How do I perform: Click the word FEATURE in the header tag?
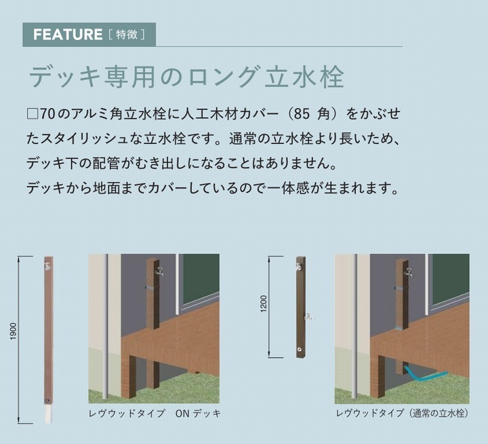pyautogui.click(x=68, y=35)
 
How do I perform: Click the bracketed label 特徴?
pyautogui.click(x=127, y=35)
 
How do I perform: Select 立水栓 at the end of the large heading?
pyautogui.click(x=304, y=77)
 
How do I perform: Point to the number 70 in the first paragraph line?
pyautogui.click(x=47, y=115)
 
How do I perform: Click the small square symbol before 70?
pyautogui.click(x=33, y=115)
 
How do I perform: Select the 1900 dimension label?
pyautogui.click(x=14, y=331)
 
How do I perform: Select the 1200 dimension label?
pyautogui.click(x=264, y=303)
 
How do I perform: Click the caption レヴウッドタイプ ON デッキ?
pyautogui.click(x=155, y=413)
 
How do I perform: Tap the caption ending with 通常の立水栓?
pyautogui.click(x=402, y=413)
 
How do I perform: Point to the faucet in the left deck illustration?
pyautogui.click(x=160, y=271)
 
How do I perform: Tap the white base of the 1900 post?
pyautogui.click(x=48, y=414)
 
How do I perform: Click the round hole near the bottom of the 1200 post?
pyautogui.click(x=300, y=350)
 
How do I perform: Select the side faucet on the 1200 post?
pyautogui.click(x=309, y=316)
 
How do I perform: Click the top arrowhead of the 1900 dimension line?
pyautogui.click(x=20, y=259)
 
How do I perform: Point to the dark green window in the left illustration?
pyautogui.click(x=201, y=280)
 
